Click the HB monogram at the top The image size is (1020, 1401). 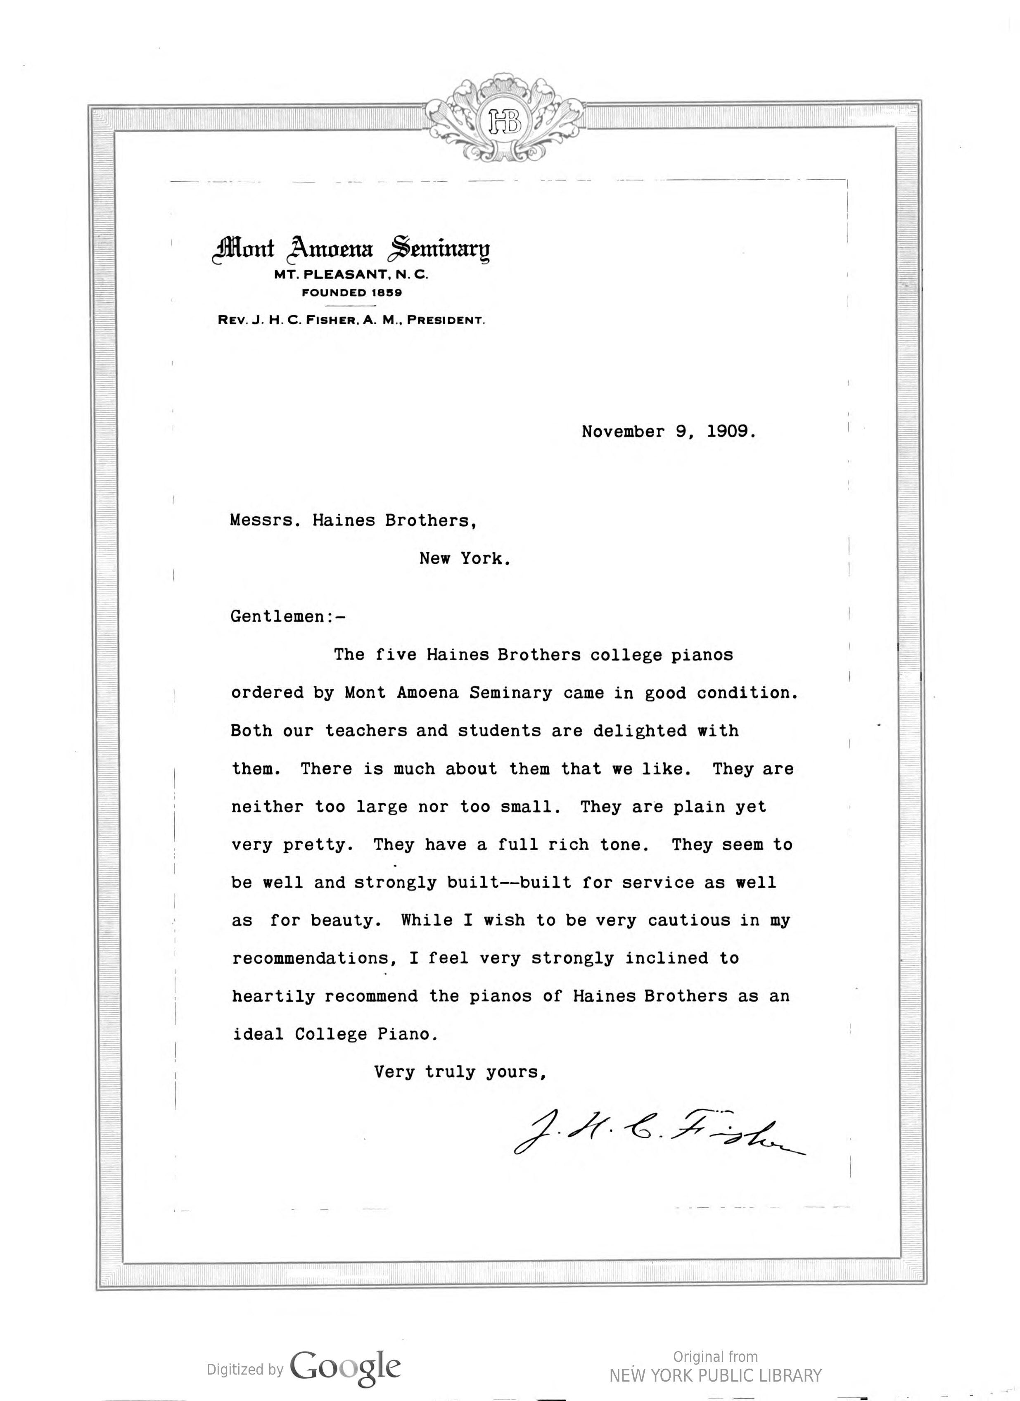pyautogui.click(x=505, y=122)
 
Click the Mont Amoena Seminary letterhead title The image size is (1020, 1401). pyautogui.click(x=351, y=249)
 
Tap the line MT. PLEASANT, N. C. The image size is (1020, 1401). pyautogui.click(x=351, y=275)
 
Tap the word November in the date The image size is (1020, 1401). pyautogui.click(x=623, y=431)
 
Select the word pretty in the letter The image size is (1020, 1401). pyautogui.click(x=318, y=845)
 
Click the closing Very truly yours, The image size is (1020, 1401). pyautogui.click(x=460, y=1072)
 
